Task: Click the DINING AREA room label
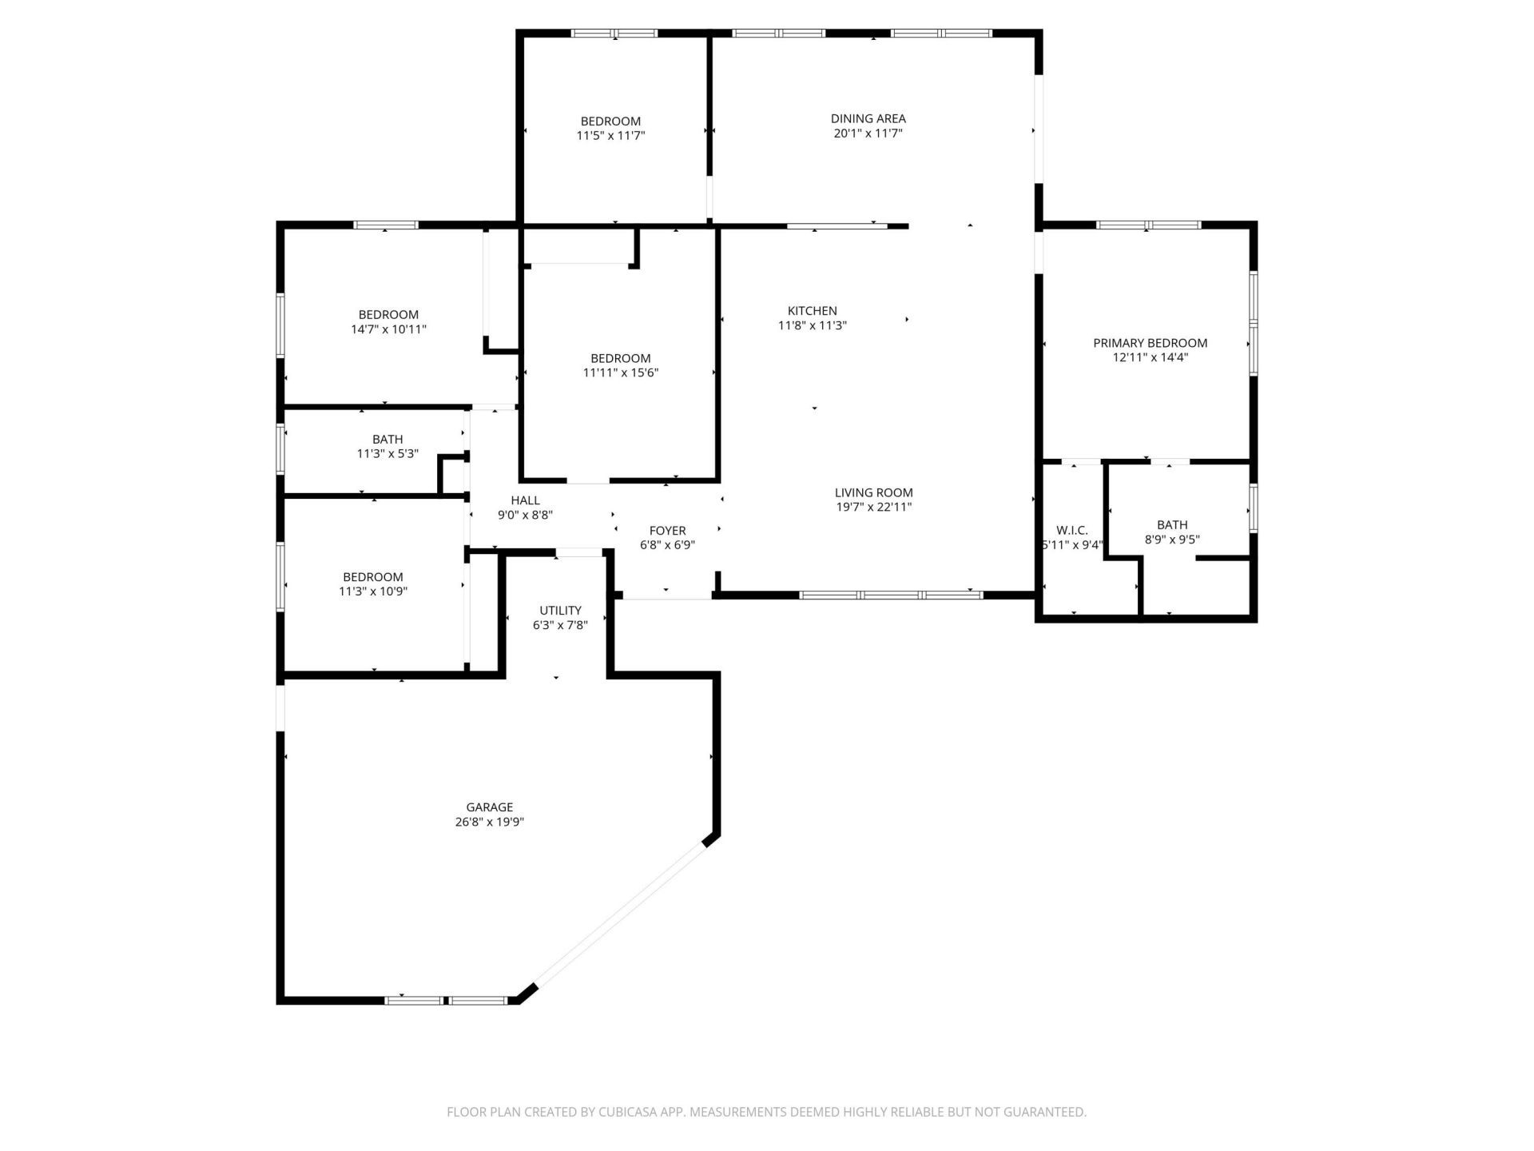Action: click(868, 118)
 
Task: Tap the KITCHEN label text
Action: click(812, 311)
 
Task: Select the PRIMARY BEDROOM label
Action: click(1150, 343)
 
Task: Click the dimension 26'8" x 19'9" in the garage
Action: click(489, 822)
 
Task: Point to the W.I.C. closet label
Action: click(1071, 531)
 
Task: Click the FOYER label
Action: click(667, 531)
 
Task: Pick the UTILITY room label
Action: click(560, 611)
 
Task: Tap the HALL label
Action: click(525, 500)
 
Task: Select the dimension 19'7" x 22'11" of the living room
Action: click(873, 507)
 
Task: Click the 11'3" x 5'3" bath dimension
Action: click(387, 454)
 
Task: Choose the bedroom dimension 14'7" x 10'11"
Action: click(388, 329)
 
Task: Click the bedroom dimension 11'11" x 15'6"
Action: click(620, 372)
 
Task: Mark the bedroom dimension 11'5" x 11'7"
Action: click(610, 136)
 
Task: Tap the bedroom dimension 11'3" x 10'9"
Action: click(373, 591)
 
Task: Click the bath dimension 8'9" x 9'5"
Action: click(1172, 540)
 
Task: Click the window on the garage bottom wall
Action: click(446, 1000)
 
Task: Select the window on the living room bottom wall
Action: click(891, 595)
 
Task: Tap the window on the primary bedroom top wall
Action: click(1147, 225)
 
